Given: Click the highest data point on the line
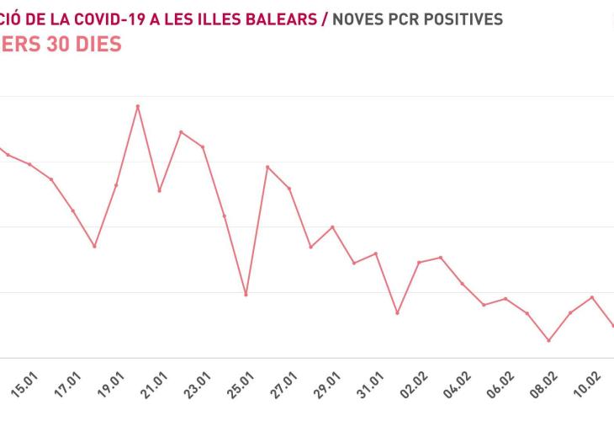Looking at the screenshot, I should click(138, 106).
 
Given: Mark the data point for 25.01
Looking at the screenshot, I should click(246, 295).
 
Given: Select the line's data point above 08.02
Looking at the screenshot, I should click(549, 341).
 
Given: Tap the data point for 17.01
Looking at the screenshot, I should click(94, 247).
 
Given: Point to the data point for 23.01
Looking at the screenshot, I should click(203, 147).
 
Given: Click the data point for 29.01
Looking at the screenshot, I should click(333, 227).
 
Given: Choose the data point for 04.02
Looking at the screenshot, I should click(463, 284).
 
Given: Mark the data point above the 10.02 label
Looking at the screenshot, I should click(592, 297).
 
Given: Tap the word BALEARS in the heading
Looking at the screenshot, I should click(273, 19).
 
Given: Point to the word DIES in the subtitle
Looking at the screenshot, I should click(93, 45).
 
